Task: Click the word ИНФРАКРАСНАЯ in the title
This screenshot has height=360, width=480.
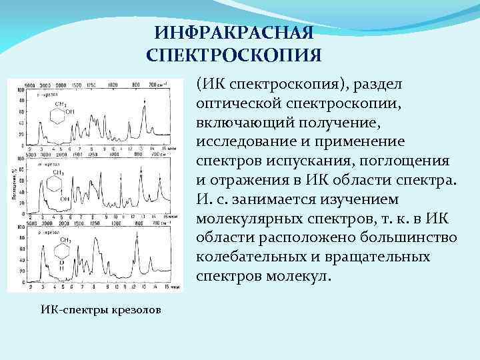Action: [233, 32]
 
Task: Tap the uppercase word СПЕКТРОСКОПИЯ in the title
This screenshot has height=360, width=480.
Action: [233, 53]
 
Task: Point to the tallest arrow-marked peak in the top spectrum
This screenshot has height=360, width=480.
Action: [145, 107]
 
